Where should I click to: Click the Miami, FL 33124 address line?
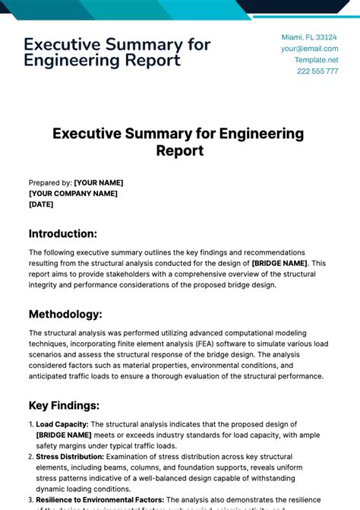click(x=309, y=37)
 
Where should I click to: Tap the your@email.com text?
click(x=309, y=49)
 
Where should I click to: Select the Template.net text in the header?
click(x=317, y=59)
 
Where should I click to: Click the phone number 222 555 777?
click(x=317, y=71)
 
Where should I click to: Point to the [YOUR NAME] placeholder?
click(x=98, y=183)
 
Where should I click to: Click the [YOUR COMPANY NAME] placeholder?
click(x=73, y=194)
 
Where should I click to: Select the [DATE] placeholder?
click(x=42, y=204)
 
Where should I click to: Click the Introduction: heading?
click(x=63, y=233)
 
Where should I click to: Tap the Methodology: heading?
click(x=65, y=314)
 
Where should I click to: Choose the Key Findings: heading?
click(x=65, y=405)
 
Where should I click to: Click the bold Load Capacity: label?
click(x=62, y=424)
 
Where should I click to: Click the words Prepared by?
click(x=50, y=183)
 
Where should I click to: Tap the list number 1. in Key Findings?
click(x=31, y=424)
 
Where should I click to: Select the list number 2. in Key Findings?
click(x=31, y=456)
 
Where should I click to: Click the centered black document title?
click(x=178, y=142)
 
